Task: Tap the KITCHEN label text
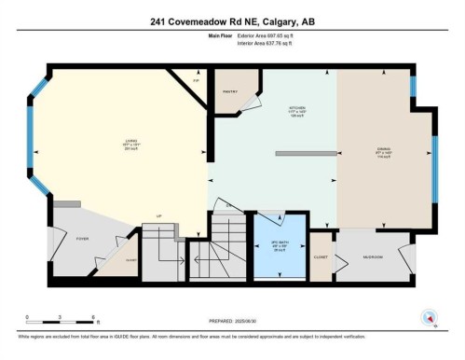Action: pos(296,108)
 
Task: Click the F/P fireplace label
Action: pos(195,81)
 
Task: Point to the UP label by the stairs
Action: pos(159,215)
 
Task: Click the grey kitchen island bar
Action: pos(305,154)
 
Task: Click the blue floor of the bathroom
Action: pos(276,256)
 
